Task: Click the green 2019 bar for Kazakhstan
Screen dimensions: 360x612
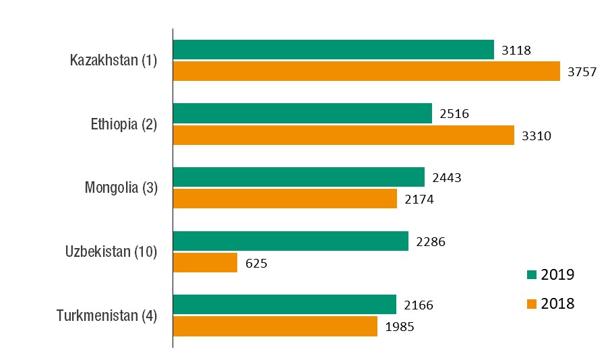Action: (334, 50)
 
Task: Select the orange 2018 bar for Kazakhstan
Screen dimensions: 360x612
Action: (366, 71)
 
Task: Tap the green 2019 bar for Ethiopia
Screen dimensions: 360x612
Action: (302, 113)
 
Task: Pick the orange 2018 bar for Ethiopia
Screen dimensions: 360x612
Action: (343, 135)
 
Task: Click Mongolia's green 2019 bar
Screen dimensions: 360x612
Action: (299, 177)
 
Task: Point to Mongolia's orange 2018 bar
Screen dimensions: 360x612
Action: (284, 199)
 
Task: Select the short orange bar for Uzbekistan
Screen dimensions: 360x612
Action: (205, 262)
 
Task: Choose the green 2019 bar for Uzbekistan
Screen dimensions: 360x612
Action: (290, 241)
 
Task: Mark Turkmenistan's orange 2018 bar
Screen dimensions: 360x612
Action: (275, 326)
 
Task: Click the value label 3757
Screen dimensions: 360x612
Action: (582, 72)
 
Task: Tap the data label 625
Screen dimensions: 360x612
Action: (257, 263)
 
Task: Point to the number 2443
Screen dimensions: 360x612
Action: (447, 178)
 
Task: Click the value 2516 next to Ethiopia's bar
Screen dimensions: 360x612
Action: (454, 114)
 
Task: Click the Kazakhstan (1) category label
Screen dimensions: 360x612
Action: (113, 61)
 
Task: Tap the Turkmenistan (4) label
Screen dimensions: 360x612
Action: (106, 316)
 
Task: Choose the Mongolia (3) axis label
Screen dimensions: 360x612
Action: (121, 188)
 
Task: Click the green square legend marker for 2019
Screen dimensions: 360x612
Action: (531, 274)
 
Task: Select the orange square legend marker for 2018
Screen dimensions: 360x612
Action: (531, 303)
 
